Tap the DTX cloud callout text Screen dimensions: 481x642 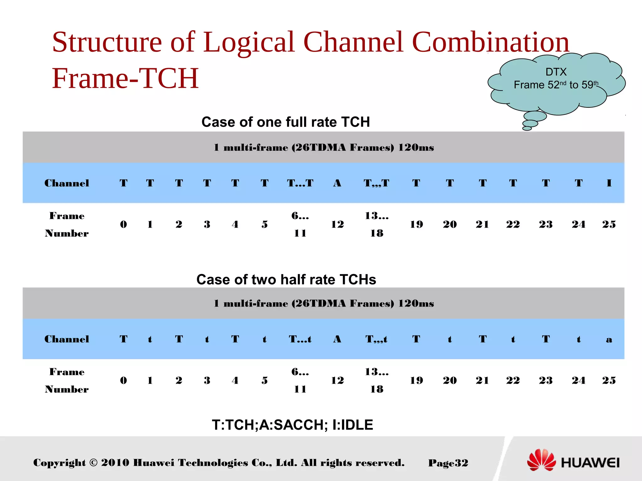(x=556, y=79)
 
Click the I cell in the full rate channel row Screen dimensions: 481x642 (x=609, y=183)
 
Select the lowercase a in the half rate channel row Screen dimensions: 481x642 (x=609, y=339)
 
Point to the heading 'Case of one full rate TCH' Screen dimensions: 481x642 (x=286, y=122)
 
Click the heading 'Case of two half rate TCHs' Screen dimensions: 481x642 (x=286, y=279)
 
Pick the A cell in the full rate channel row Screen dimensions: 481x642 (x=337, y=183)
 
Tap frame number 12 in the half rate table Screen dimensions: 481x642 (x=337, y=380)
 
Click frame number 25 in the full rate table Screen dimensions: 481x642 (x=609, y=224)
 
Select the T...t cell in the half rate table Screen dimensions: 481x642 (x=300, y=339)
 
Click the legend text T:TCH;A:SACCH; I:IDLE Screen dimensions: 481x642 (x=292, y=425)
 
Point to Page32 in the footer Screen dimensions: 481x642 (x=448, y=463)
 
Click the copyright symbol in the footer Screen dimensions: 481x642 (x=93, y=463)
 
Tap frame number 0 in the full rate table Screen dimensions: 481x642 (x=124, y=224)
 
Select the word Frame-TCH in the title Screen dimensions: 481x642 (x=125, y=78)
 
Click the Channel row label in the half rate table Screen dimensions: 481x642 (x=66, y=339)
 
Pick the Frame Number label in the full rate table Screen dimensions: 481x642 (x=66, y=224)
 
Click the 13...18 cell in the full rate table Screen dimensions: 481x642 (x=376, y=224)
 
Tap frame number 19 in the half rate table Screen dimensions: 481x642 (x=416, y=380)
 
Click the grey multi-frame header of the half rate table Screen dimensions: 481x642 (x=324, y=303)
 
